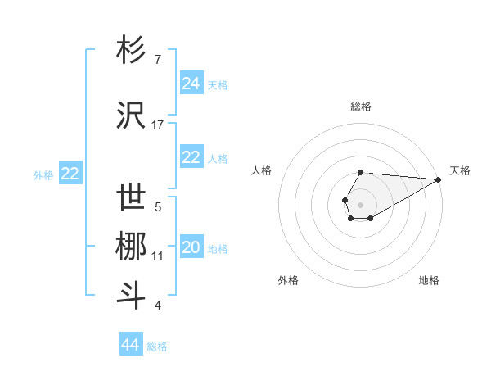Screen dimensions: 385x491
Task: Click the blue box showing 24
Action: point(191,84)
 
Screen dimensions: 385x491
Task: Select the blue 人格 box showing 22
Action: point(191,157)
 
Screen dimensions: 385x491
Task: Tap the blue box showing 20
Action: point(191,247)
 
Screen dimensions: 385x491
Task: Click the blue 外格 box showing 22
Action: point(70,174)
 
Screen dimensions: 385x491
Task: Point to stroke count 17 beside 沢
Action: point(158,125)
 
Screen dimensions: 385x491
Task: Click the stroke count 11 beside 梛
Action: point(158,256)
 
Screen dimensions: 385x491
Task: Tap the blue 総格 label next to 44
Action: point(157,346)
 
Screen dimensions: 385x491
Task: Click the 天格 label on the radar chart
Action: point(460,170)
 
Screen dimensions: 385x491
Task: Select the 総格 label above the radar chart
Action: point(361,106)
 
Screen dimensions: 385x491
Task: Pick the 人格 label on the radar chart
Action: point(261,170)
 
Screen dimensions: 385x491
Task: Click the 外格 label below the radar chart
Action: point(288,280)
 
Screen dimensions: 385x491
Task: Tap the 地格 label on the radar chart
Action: point(429,280)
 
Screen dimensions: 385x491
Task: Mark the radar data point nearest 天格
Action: point(439,179)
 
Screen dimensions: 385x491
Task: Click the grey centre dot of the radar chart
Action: point(360,203)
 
